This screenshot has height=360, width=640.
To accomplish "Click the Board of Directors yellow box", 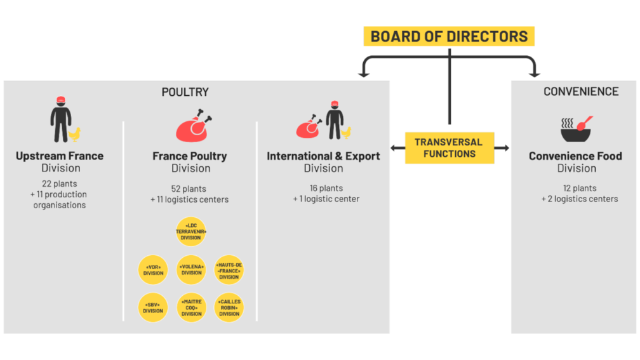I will [x=449, y=36].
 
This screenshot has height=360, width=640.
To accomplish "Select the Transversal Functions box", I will [x=449, y=148].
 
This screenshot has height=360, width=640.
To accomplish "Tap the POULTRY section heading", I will [x=185, y=92].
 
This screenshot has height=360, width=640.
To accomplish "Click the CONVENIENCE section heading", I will [x=580, y=91].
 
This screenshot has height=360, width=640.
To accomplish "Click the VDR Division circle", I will [x=153, y=270].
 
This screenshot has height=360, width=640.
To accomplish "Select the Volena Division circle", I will [x=191, y=270].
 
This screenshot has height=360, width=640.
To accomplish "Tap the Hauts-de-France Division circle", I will [x=229, y=270].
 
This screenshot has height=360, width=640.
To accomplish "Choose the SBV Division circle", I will [x=153, y=308].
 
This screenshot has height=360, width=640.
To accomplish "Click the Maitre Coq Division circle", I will [x=191, y=308].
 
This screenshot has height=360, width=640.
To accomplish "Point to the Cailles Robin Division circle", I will [x=229, y=308].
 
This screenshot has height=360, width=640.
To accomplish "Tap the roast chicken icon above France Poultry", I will [x=192, y=125].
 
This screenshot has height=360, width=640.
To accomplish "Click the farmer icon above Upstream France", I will [x=62, y=119].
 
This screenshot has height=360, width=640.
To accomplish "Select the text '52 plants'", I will [x=189, y=189].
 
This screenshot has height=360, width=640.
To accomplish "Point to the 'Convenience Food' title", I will [x=575, y=156].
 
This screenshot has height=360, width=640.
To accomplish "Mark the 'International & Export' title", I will [x=323, y=156].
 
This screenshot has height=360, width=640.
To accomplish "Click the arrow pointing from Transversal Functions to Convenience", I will [x=502, y=148].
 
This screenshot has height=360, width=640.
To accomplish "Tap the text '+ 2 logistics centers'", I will [x=579, y=199].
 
